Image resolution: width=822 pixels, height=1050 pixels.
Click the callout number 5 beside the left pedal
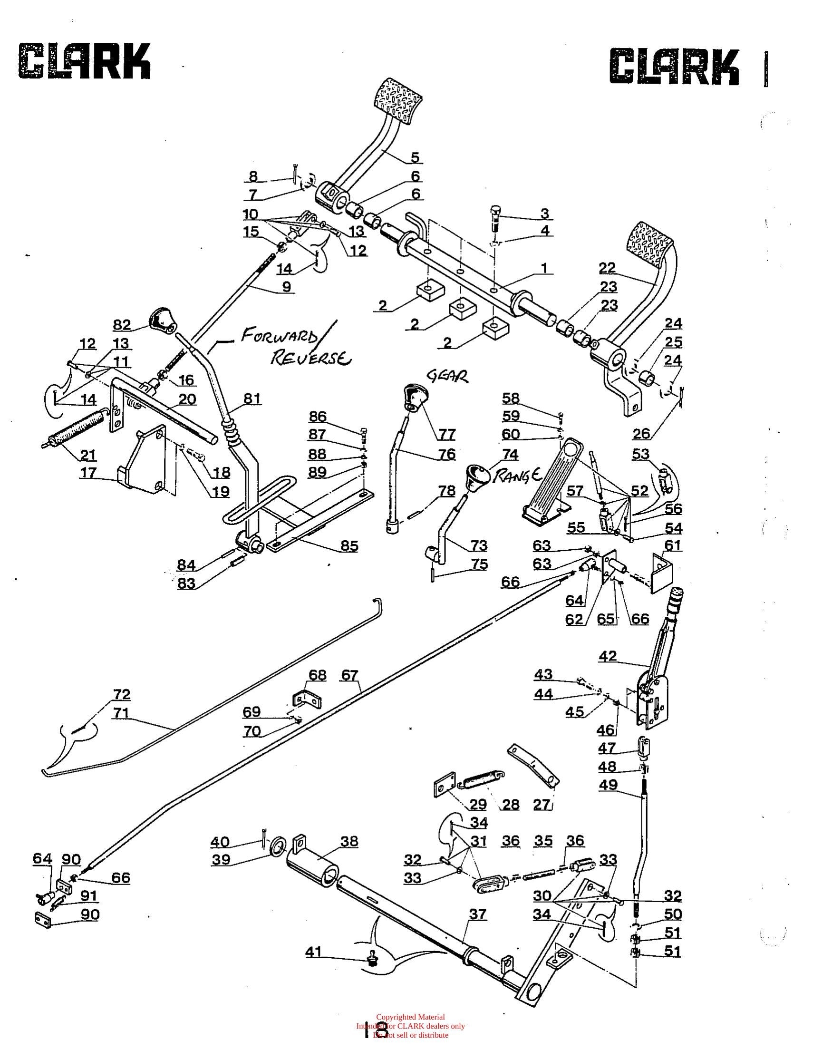[x=415, y=157]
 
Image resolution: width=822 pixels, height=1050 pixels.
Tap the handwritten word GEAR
[x=447, y=377]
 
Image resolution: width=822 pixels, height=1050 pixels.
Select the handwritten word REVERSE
[x=311, y=359]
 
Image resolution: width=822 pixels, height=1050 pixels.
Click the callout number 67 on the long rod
[x=349, y=675]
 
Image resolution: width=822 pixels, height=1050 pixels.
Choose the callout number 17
[x=88, y=473]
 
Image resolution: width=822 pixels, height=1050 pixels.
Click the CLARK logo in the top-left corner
[x=84, y=61]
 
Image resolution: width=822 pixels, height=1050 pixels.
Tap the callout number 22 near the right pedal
[x=608, y=267]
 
